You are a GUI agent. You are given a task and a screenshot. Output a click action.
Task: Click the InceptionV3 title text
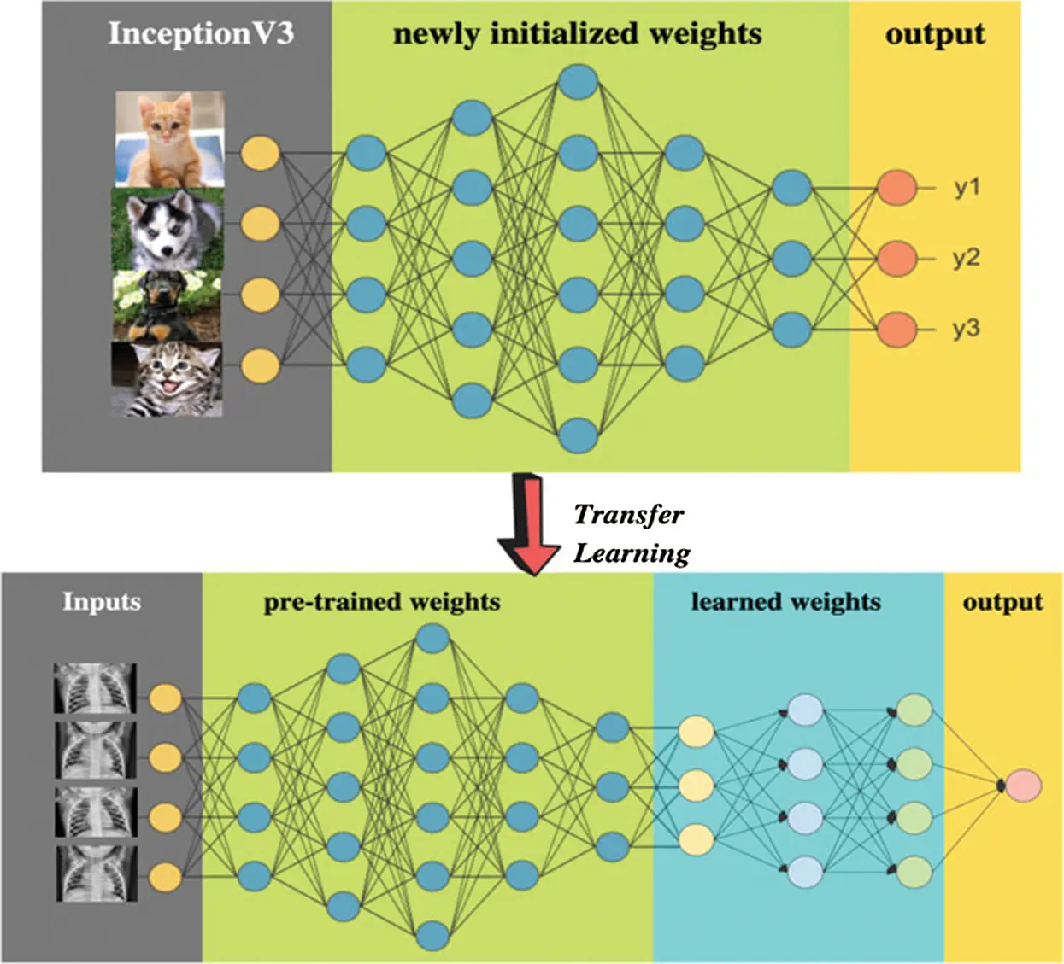(x=201, y=33)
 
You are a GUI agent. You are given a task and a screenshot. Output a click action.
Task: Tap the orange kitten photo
(x=170, y=139)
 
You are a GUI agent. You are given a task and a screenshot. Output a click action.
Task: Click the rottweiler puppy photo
(x=168, y=305)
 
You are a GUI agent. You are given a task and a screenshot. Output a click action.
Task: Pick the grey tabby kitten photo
(x=168, y=379)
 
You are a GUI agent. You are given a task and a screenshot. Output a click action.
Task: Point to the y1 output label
(x=967, y=188)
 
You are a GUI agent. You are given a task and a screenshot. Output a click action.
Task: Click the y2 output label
(x=967, y=258)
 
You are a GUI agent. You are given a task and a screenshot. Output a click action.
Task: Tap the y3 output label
(x=967, y=329)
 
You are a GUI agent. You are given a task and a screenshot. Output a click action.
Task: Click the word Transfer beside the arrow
(x=628, y=515)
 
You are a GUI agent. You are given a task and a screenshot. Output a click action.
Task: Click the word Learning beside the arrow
(x=632, y=553)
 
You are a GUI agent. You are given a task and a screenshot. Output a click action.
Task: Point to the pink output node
(x=1023, y=786)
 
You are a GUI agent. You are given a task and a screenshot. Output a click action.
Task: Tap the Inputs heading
(x=101, y=602)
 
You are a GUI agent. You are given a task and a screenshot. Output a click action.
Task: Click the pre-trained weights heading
(x=381, y=602)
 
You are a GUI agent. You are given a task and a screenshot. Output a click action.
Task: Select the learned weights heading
(x=785, y=602)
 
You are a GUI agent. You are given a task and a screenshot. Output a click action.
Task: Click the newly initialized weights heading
(x=577, y=34)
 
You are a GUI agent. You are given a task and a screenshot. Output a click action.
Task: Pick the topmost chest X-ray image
(x=95, y=689)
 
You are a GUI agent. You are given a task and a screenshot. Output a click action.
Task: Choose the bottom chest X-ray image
(x=95, y=873)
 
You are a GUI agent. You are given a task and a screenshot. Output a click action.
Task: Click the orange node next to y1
(x=896, y=188)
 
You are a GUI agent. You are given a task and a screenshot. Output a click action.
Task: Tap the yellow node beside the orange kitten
(x=260, y=154)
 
